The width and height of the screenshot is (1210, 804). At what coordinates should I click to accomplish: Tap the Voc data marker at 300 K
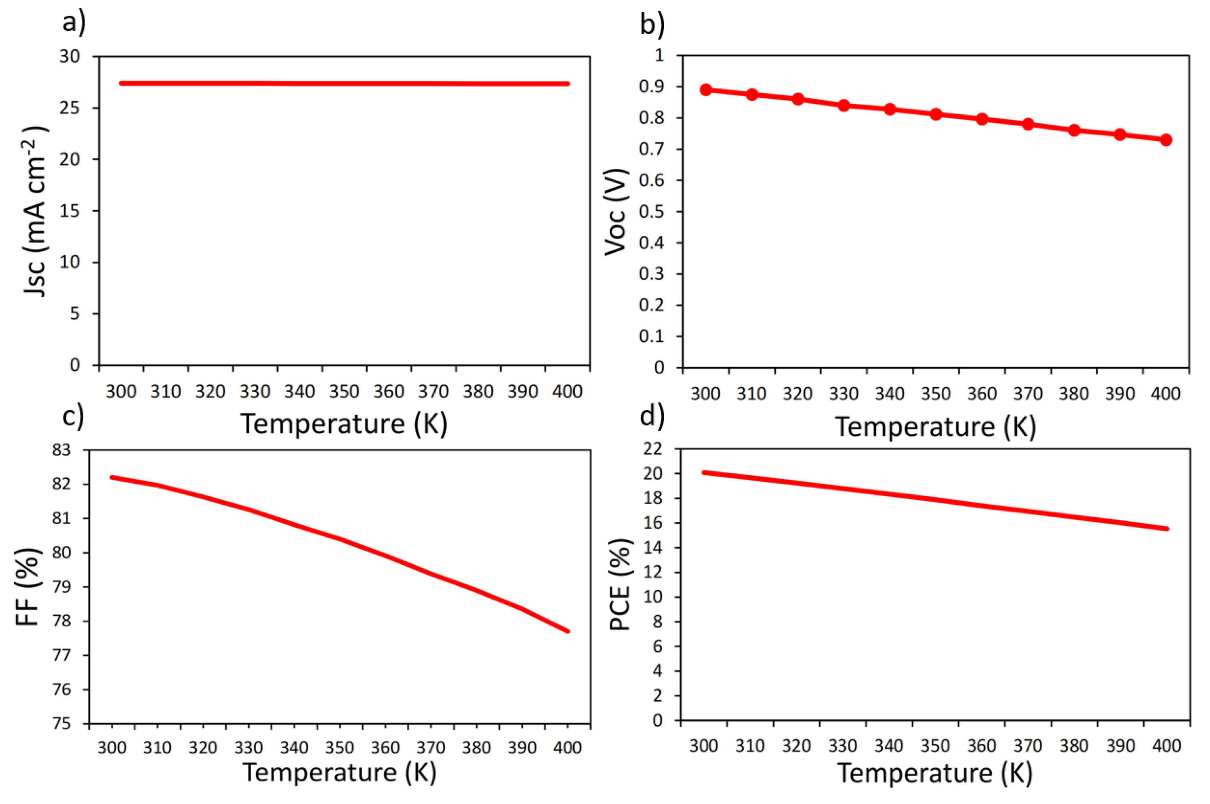(706, 90)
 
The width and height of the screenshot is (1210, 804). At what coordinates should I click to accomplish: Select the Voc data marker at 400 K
(1166, 139)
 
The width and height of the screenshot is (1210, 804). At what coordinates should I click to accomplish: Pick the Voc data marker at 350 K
(936, 114)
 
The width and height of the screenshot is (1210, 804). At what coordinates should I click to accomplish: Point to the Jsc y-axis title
(36, 211)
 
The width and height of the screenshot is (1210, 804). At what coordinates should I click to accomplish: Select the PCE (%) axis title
(620, 585)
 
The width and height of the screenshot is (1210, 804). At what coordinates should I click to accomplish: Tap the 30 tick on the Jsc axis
(70, 57)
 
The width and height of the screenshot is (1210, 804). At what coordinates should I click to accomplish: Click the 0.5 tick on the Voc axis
(651, 212)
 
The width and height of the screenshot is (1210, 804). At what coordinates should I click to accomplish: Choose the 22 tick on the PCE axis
(652, 449)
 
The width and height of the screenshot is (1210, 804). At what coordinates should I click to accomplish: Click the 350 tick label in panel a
(344, 392)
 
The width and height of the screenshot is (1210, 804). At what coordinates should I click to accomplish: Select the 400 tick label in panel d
(1166, 745)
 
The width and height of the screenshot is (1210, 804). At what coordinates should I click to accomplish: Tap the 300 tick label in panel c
(112, 747)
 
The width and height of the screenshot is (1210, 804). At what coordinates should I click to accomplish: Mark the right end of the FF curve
(568, 631)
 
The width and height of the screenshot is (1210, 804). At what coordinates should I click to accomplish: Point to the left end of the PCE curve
(704, 472)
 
